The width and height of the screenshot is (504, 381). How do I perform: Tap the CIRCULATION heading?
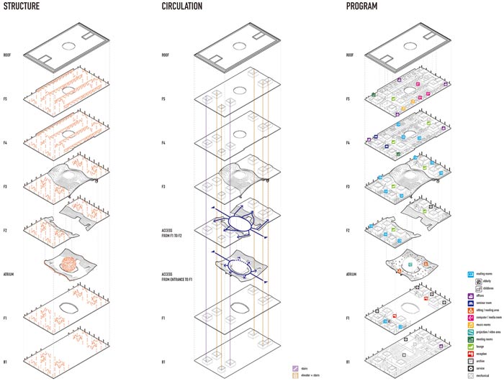click(182, 6)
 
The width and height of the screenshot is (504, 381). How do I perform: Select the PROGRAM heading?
click(361, 6)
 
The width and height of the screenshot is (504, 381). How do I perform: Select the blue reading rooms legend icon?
click(470, 274)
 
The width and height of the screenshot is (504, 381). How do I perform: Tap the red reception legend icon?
click(470, 353)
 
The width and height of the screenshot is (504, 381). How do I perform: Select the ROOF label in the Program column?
click(350, 53)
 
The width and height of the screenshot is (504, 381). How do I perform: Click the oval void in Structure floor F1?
click(68, 307)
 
